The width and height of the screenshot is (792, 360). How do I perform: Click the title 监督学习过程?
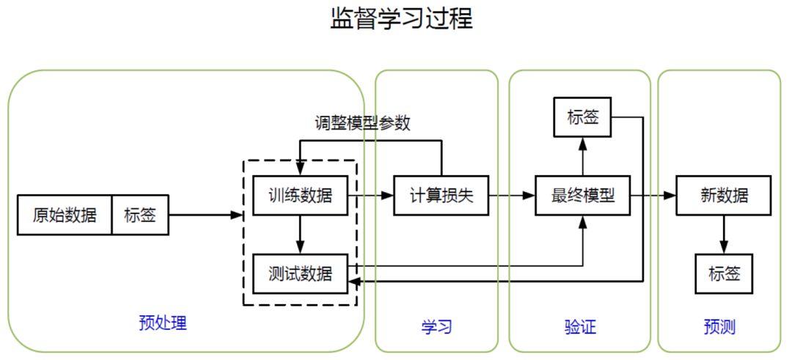(x=401, y=18)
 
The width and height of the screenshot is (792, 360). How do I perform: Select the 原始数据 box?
(x=65, y=215)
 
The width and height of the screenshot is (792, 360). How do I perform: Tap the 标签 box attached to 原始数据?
(x=140, y=215)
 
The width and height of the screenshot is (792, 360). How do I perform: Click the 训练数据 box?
(x=299, y=196)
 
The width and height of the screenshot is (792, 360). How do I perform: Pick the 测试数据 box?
(x=299, y=273)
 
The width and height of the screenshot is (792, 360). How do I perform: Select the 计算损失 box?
(x=441, y=196)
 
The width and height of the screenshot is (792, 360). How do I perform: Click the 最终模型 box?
(x=583, y=196)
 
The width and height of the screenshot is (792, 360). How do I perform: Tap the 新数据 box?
(x=724, y=196)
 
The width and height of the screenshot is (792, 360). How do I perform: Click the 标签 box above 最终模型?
(x=583, y=117)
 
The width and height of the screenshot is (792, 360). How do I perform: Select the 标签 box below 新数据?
(x=724, y=273)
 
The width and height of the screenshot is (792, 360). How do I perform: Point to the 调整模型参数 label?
(x=362, y=123)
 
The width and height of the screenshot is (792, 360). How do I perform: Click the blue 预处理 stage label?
(x=163, y=323)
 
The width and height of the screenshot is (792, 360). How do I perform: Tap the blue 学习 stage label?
(x=436, y=327)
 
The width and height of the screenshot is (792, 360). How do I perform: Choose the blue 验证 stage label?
(x=580, y=327)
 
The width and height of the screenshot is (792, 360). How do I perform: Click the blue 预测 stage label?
(x=719, y=327)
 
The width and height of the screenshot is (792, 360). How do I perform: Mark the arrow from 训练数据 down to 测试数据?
(x=299, y=235)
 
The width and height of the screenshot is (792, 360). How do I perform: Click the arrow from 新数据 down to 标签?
(x=724, y=235)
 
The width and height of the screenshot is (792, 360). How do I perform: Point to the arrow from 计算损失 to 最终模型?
(x=512, y=196)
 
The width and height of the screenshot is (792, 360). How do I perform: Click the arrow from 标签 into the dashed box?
(x=205, y=215)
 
